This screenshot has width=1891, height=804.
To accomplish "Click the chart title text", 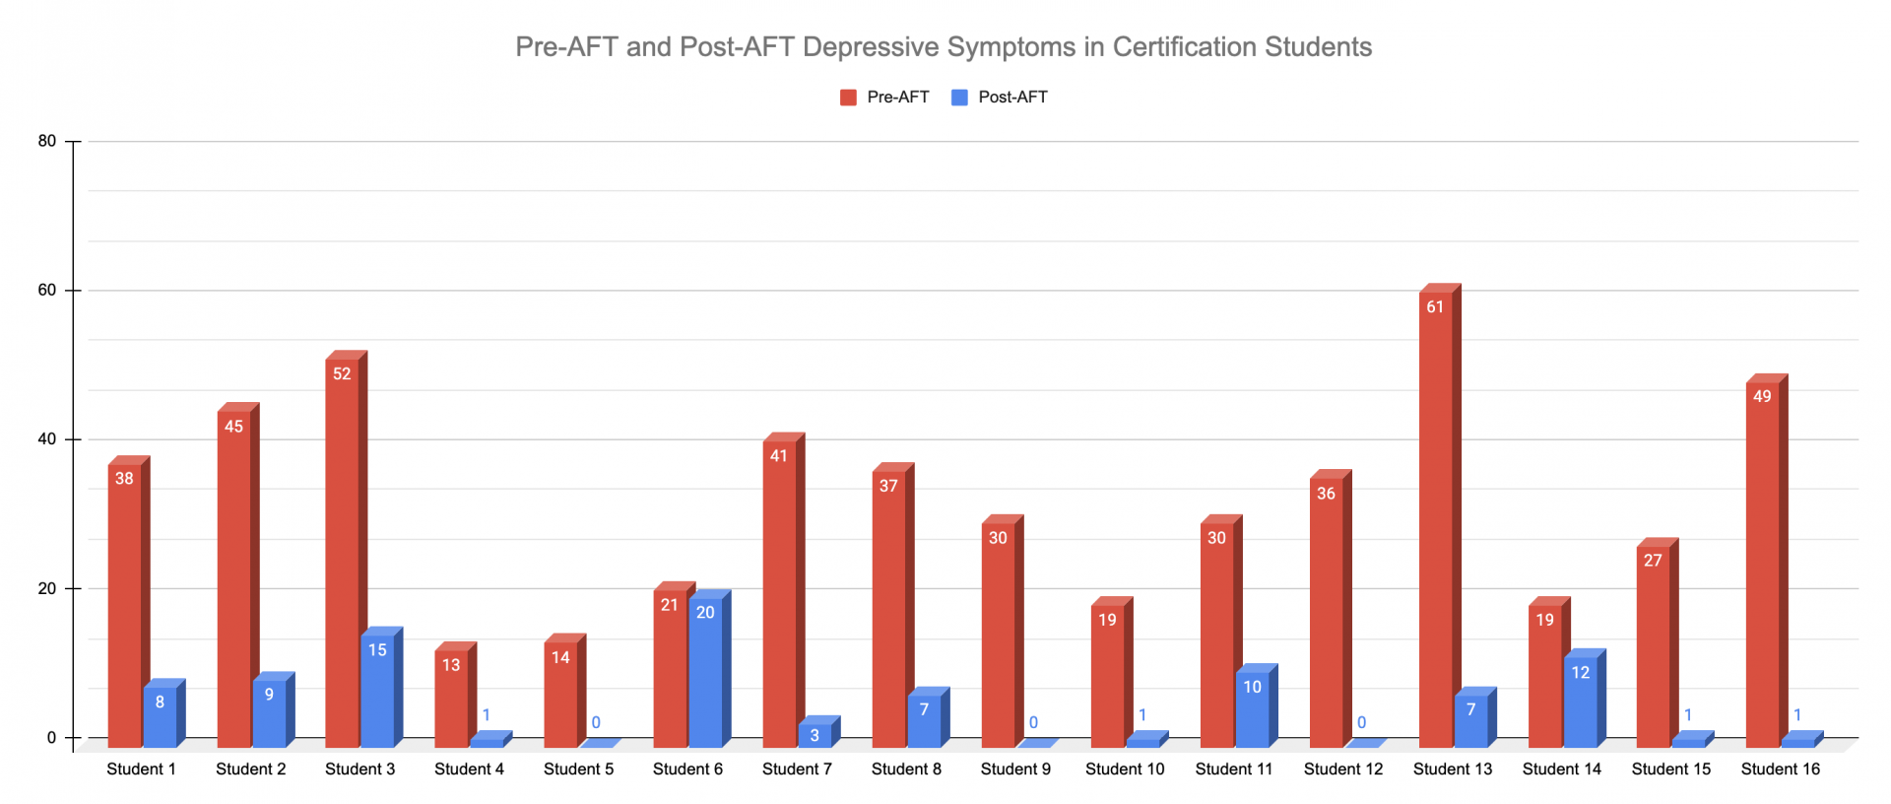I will pyautogui.click(x=944, y=47).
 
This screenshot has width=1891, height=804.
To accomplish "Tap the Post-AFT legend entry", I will pyautogui.click(x=1000, y=97).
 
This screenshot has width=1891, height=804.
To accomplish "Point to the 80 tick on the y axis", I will pyautogui.click(x=47, y=141).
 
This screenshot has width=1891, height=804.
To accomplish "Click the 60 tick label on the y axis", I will pyautogui.click(x=47, y=291).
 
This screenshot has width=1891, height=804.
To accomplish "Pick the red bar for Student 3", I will pyautogui.click(x=342, y=552).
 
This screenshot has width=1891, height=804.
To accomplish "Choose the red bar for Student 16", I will pyautogui.click(x=1762, y=562).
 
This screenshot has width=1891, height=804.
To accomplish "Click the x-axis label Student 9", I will pyautogui.click(x=1015, y=769).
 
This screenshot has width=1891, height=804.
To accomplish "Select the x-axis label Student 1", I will pyautogui.click(x=141, y=769).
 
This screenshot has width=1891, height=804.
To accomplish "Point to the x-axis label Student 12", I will pyautogui.click(x=1343, y=769).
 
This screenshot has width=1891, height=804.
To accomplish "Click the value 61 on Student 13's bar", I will pyautogui.click(x=1435, y=307).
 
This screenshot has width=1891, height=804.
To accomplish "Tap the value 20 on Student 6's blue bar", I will pyautogui.click(x=705, y=613).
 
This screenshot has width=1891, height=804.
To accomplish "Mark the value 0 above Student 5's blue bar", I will pyautogui.click(x=596, y=723).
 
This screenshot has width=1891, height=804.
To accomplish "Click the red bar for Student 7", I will pyautogui.click(x=779, y=591).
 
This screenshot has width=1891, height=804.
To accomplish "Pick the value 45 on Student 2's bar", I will pyautogui.click(x=233, y=427).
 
